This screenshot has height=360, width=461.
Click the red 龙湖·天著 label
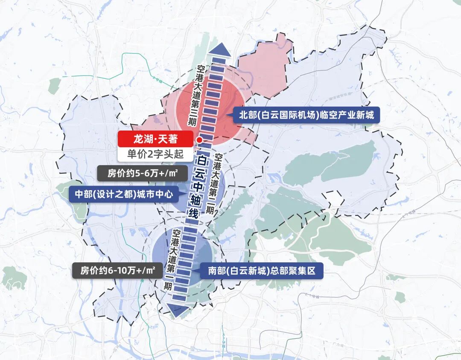coord(155,139)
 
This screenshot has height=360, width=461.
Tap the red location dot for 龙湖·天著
coord(199,140)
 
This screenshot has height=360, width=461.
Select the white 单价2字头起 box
coord(155,154)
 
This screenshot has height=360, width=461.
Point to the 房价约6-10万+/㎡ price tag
coord(117,270)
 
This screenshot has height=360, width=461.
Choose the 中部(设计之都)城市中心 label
coord(124,194)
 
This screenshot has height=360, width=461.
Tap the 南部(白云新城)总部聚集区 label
coord(262,270)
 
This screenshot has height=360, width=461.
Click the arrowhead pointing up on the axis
coord(218,50)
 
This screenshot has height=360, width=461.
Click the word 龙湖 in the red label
coord(143,139)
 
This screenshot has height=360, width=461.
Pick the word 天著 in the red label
coord(169,139)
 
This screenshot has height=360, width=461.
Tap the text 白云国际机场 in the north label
coord(289,115)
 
